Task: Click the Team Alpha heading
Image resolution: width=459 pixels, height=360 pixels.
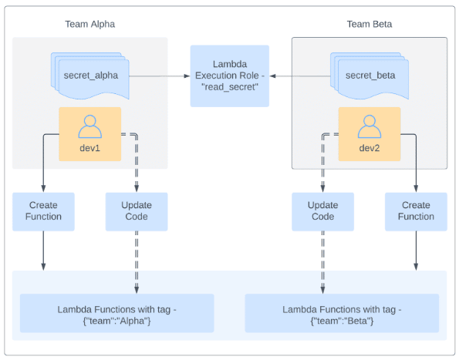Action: click(x=89, y=24)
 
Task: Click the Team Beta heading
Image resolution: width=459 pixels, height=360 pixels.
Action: click(x=370, y=24)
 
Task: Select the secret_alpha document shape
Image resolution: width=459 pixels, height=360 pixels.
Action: click(x=90, y=76)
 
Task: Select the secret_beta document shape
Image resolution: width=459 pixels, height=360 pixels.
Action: click(x=370, y=76)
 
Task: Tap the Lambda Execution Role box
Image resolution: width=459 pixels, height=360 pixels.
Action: click(x=230, y=76)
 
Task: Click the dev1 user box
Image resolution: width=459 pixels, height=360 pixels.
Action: click(x=89, y=134)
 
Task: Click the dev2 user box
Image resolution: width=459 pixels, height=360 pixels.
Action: click(x=370, y=134)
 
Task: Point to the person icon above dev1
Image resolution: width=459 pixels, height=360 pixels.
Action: click(x=89, y=126)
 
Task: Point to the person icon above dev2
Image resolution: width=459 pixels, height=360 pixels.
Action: click(x=370, y=126)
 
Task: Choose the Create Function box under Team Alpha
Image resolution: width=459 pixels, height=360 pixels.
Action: click(x=43, y=212)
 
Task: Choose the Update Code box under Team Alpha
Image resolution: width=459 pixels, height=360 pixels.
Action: click(x=137, y=212)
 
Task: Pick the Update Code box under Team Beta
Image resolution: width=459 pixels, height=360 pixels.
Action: click(x=323, y=212)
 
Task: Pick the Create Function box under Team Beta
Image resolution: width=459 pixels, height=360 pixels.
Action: click(x=416, y=212)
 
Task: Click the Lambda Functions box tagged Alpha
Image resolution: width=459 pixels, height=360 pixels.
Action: click(x=116, y=313)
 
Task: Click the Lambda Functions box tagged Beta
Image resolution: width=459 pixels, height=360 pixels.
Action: click(x=342, y=313)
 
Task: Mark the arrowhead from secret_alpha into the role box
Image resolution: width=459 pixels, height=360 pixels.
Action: click(x=187, y=76)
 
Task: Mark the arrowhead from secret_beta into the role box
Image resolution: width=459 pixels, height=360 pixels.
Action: click(x=272, y=76)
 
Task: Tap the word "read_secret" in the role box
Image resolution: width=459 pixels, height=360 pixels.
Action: click(x=230, y=87)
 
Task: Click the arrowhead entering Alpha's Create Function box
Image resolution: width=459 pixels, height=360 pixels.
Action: click(x=43, y=189)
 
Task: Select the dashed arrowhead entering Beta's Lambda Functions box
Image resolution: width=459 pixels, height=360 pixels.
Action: click(x=323, y=290)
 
